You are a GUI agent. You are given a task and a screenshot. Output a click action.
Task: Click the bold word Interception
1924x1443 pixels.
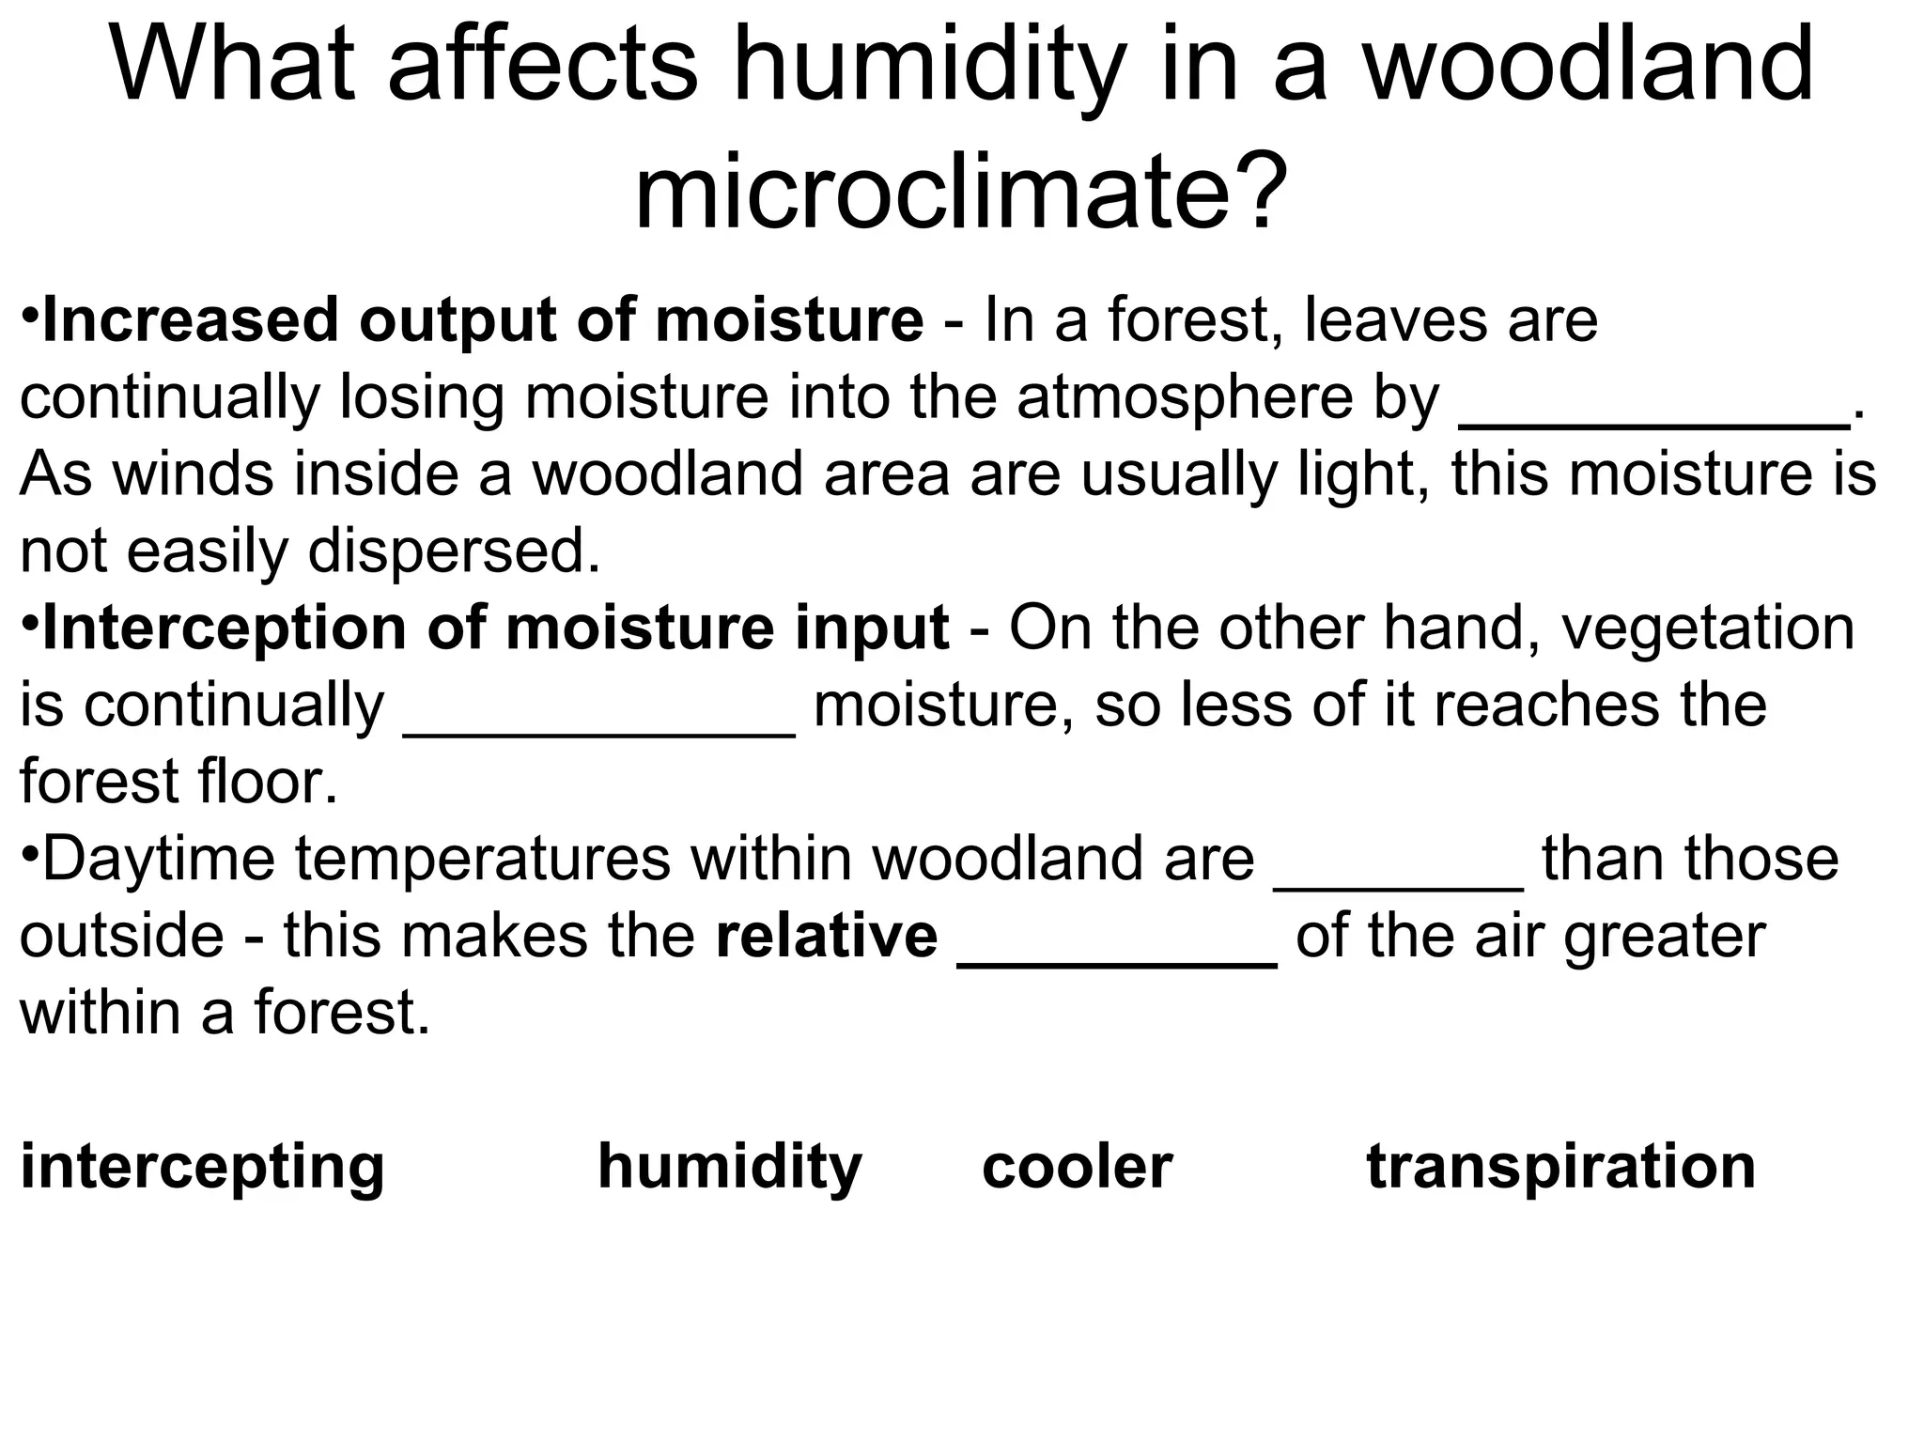(x=225, y=628)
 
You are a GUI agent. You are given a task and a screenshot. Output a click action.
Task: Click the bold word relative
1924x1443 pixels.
(x=826, y=936)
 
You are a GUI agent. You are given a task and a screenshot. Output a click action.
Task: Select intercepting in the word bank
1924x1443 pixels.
(x=202, y=1168)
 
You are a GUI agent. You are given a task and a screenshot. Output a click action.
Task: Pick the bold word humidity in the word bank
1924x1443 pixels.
(x=729, y=1168)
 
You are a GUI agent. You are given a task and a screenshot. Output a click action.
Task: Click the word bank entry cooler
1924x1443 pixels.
(x=1077, y=1168)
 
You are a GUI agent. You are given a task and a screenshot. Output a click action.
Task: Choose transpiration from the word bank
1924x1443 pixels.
(x=1560, y=1168)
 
